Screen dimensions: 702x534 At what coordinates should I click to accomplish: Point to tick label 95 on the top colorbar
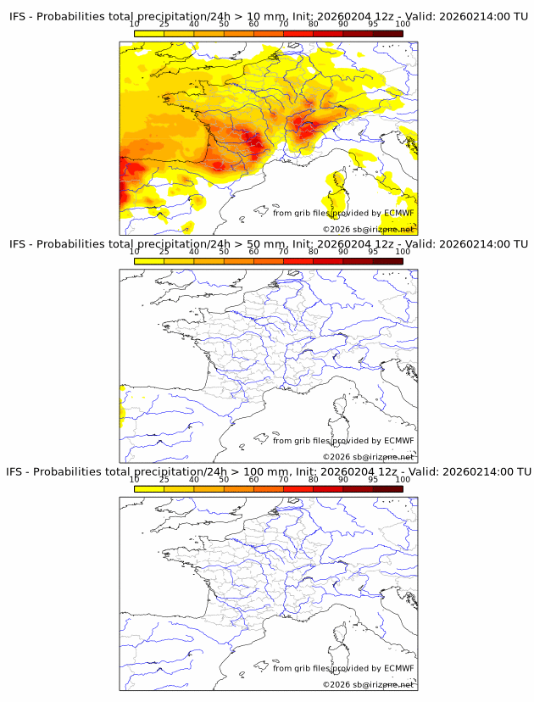coord(373,25)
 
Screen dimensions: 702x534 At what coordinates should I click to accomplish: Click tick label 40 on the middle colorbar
coord(194,252)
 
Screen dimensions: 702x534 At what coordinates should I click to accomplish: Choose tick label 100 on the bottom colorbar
coord(403,479)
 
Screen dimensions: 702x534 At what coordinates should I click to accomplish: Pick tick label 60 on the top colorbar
coord(253,25)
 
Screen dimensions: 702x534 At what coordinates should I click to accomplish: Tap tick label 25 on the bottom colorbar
coord(164,479)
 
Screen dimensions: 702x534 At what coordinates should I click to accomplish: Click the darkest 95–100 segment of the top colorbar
coord(388,33)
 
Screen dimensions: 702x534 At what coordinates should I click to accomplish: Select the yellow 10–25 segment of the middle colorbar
coord(149,260)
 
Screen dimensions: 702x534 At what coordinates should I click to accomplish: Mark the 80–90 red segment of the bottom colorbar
coord(328,487)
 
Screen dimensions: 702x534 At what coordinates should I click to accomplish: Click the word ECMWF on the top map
coord(399,213)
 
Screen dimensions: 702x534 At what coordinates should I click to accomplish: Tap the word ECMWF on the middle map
coord(399,440)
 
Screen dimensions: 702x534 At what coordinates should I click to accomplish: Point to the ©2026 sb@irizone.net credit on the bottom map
coord(368,684)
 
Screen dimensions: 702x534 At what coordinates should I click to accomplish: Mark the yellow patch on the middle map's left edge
coord(123,415)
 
